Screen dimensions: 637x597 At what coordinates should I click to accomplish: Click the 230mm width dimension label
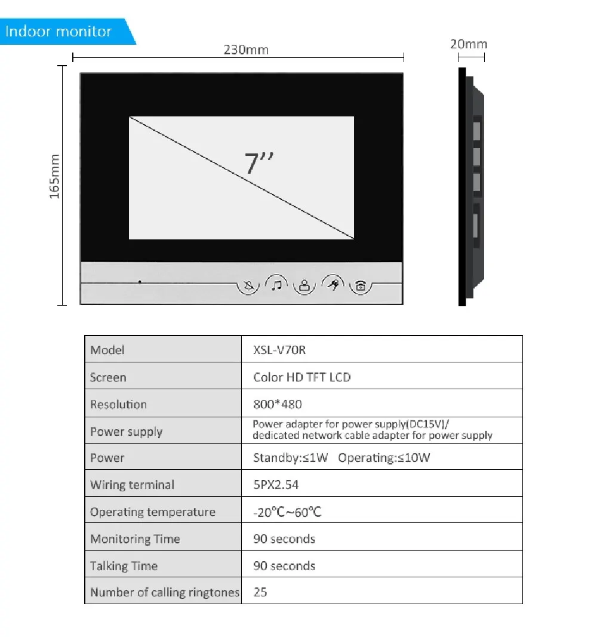(246, 50)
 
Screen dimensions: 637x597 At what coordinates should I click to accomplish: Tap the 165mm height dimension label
(54, 177)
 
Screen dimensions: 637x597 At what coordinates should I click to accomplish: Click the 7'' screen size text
(259, 163)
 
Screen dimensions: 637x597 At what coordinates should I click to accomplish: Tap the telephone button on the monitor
(360, 286)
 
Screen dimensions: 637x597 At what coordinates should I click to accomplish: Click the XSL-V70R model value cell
(279, 350)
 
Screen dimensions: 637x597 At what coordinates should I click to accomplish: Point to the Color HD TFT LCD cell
(302, 377)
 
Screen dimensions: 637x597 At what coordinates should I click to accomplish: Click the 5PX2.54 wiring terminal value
(276, 485)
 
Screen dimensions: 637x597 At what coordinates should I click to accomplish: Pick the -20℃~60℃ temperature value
(287, 512)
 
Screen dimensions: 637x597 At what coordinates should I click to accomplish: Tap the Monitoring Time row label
(135, 539)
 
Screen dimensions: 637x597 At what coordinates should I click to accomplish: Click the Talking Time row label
(124, 566)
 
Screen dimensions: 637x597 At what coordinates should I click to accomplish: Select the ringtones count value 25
(260, 593)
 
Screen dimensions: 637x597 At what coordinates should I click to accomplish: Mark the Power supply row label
(126, 432)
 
